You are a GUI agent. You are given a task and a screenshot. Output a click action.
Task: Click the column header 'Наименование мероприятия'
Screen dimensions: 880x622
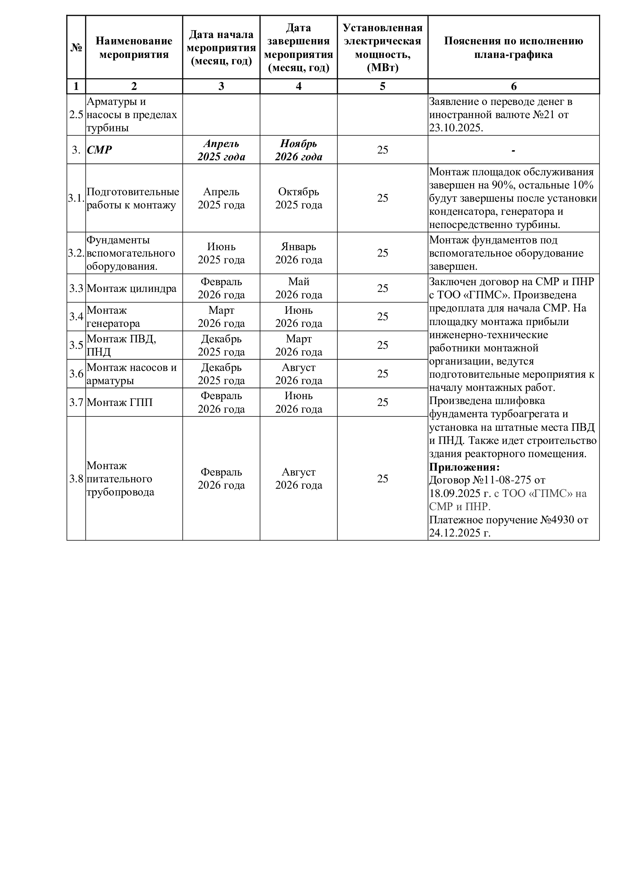(134, 47)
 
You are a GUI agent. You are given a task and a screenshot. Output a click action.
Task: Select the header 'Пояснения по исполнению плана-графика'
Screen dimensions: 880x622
(513, 47)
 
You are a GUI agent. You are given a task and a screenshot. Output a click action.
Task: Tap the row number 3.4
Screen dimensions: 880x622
(76, 316)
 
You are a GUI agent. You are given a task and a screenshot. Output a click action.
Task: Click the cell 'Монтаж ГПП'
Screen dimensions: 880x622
(120, 402)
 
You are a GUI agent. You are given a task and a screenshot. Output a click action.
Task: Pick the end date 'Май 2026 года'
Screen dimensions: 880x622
(298, 288)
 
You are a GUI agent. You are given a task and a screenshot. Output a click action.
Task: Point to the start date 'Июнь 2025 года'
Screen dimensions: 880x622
(221, 253)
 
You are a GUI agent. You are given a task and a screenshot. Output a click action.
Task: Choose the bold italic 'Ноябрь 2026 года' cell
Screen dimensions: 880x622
(298, 150)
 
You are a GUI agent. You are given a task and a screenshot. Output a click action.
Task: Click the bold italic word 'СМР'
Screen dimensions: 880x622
(99, 150)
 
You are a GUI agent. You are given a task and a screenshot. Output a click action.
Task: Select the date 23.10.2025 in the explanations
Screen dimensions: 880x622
(455, 128)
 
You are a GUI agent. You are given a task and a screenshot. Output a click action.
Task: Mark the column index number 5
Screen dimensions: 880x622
(382, 86)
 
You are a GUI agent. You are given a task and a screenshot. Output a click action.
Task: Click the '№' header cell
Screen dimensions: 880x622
(76, 47)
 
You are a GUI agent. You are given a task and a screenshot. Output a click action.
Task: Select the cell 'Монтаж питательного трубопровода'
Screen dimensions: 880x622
(120, 479)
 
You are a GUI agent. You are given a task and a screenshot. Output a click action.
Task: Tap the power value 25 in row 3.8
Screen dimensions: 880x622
(382, 479)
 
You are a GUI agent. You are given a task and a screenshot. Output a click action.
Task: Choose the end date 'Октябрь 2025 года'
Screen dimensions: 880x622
(298, 198)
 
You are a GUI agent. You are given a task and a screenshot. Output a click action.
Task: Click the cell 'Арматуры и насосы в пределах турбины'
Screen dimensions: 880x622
(132, 115)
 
